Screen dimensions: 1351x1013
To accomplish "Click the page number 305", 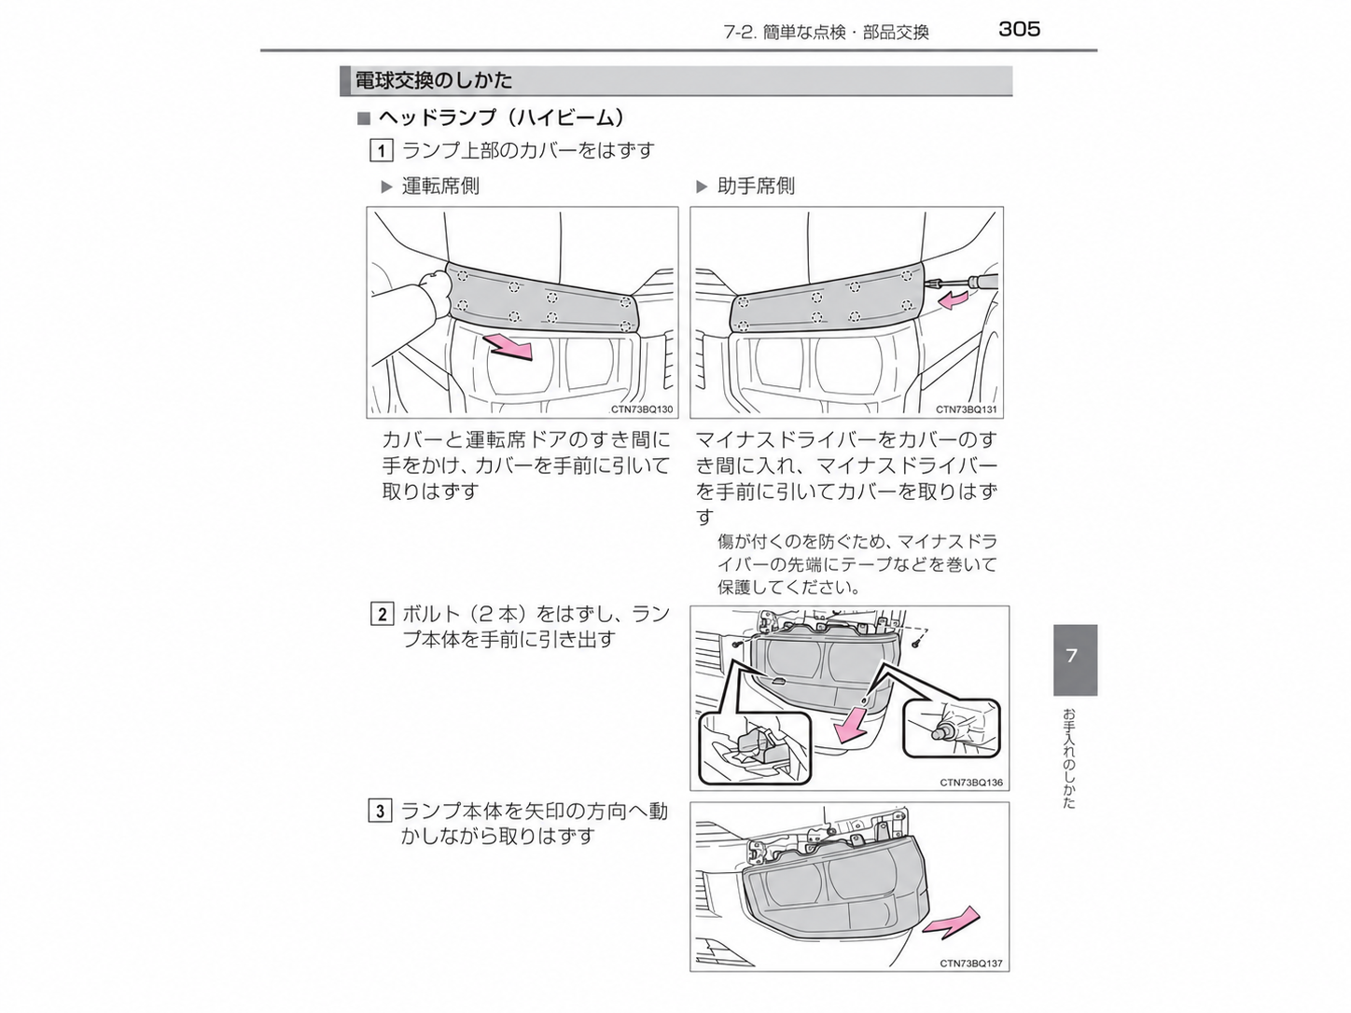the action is (x=1019, y=29).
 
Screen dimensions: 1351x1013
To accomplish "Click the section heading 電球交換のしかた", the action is (x=434, y=80).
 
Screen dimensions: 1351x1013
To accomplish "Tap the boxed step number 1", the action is (x=381, y=151).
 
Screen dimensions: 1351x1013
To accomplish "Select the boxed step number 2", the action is (x=382, y=614).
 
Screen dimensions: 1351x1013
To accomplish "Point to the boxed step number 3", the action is (x=381, y=811).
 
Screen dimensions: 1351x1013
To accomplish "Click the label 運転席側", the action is (x=440, y=186).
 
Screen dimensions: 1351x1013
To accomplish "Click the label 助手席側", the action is (x=756, y=186).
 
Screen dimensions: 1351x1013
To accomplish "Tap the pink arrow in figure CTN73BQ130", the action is (x=509, y=347).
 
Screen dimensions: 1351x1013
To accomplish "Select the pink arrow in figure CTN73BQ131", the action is (x=953, y=299).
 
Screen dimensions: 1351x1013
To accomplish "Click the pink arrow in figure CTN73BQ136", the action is (x=851, y=725).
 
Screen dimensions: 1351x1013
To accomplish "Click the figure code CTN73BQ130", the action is (x=642, y=409).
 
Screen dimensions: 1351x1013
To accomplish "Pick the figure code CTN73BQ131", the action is (x=967, y=409).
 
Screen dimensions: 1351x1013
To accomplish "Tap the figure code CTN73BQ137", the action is (x=970, y=964).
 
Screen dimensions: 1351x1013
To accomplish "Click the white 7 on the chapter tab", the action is (x=1072, y=656).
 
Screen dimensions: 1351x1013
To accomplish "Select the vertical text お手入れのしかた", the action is (x=1070, y=758).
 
